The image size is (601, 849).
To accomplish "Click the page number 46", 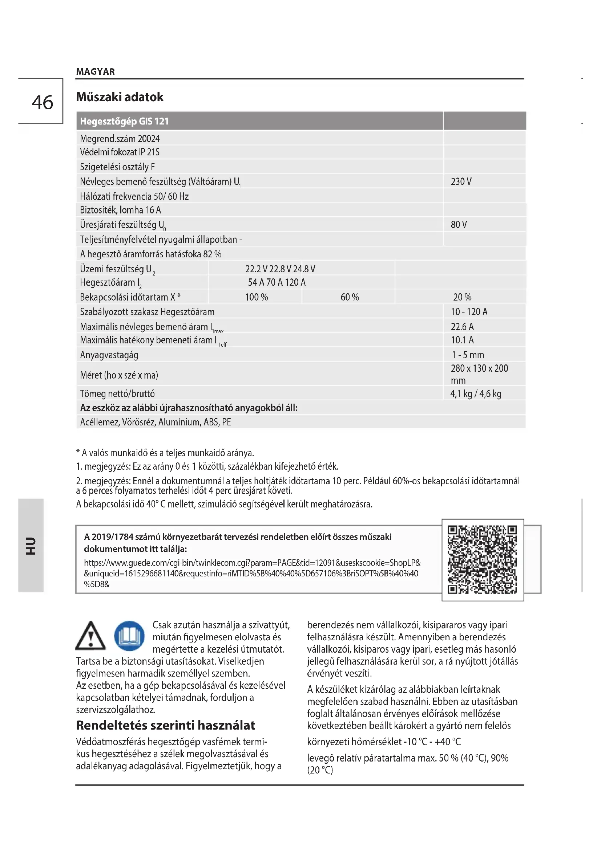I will tap(42, 102).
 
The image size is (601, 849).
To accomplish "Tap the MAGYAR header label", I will tap(96, 72).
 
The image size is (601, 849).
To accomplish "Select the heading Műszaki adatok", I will tap(120, 97).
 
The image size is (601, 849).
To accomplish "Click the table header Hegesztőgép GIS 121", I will tap(124, 121).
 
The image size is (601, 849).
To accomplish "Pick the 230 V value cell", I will tap(461, 181).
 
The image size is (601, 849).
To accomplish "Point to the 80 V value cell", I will tap(459, 224).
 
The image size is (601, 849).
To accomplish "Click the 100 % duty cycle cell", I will tap(257, 297).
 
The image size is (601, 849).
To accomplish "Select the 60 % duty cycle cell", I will tap(349, 297).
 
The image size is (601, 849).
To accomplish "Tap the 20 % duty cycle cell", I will tap(462, 297).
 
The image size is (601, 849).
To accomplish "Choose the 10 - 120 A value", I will tap(469, 312).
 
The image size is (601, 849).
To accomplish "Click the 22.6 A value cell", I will tap(462, 327).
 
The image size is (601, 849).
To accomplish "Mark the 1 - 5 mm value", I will tap(467, 355).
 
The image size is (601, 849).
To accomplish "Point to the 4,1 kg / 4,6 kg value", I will tap(476, 394).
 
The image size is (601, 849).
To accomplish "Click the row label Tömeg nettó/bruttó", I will tap(117, 394).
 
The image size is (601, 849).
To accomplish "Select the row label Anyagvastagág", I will tap(109, 355).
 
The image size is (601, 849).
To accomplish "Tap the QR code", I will tap(482, 559).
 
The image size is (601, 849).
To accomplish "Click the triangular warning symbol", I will tap(90, 636).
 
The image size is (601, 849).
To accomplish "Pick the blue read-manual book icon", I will tap(129, 636).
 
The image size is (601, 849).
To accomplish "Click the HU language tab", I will tap(31, 546).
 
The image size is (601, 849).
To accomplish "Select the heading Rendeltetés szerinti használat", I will tap(165, 726).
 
